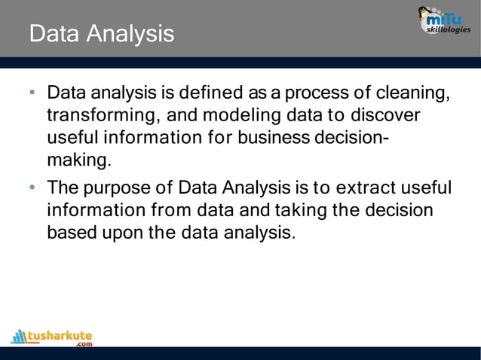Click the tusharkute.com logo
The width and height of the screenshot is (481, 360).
tap(52, 336)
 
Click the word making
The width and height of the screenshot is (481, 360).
tap(78, 162)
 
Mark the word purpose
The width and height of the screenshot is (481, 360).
tap(119, 187)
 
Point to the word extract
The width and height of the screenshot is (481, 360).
tap(366, 187)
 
